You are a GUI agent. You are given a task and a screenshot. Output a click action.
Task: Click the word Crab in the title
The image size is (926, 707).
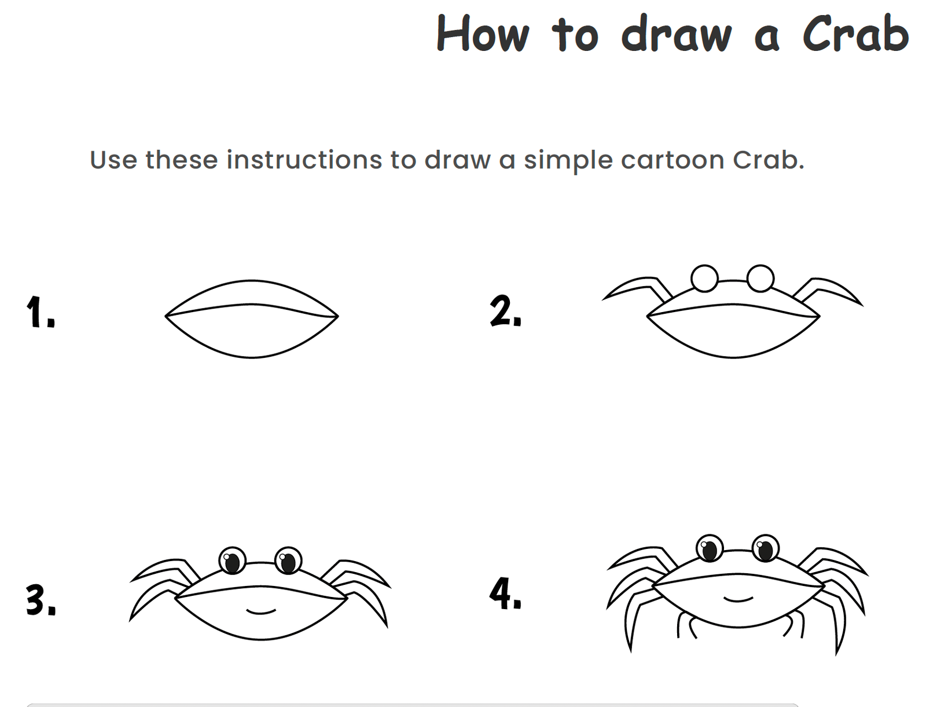click(855, 34)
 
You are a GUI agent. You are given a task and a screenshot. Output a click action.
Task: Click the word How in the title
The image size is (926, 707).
click(482, 34)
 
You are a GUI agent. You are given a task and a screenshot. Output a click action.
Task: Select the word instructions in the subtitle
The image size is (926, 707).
click(304, 160)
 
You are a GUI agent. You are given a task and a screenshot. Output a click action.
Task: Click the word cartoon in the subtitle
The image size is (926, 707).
click(672, 160)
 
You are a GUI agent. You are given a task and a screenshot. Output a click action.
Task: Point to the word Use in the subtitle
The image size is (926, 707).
click(113, 160)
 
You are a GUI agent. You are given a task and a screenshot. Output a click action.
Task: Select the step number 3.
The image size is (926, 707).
click(41, 600)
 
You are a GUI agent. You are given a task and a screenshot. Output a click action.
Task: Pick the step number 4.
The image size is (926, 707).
click(505, 595)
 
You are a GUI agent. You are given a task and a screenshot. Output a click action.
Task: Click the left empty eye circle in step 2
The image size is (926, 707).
click(704, 279)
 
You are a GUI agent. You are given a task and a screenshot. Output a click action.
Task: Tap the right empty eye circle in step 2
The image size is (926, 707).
click(760, 279)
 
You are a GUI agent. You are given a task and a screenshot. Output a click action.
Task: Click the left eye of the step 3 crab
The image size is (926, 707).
click(232, 561)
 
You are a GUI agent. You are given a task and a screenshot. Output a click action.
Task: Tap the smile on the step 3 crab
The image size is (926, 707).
click(261, 610)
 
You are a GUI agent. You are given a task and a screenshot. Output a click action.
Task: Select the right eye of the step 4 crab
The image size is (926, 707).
click(765, 548)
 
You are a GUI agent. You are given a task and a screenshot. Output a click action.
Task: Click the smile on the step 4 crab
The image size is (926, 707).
click(738, 599)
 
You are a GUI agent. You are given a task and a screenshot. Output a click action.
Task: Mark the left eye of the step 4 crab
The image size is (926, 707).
click(710, 548)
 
